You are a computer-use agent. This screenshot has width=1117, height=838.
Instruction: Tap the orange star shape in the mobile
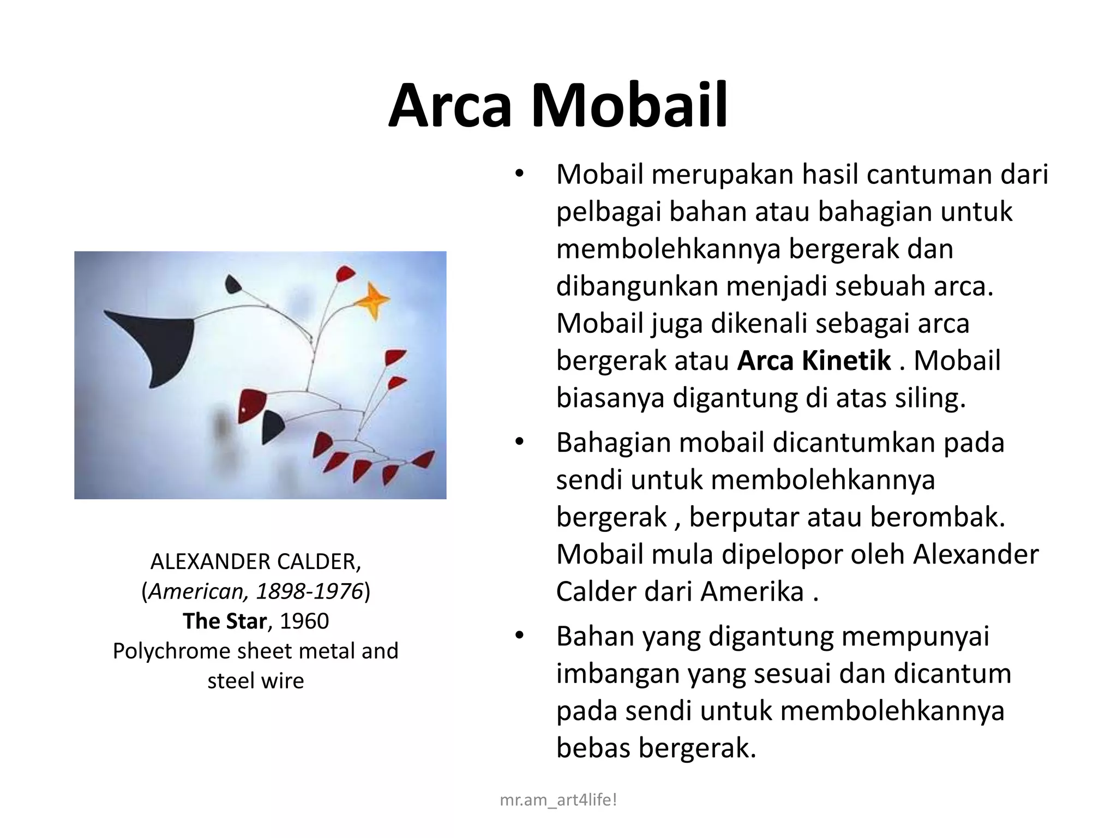tap(373, 300)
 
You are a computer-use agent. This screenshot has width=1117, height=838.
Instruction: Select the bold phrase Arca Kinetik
tap(814, 361)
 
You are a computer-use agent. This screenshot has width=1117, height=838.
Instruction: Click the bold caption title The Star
tap(225, 621)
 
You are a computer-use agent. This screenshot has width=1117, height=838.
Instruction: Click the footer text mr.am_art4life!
tap(558, 800)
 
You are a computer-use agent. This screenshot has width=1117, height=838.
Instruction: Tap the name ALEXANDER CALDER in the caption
tap(255, 561)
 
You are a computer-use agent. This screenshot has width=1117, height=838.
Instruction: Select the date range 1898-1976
tap(309, 591)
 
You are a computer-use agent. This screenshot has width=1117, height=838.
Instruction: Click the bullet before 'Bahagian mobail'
tap(519, 442)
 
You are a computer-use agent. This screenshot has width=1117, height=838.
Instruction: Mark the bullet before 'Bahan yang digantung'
tap(519, 636)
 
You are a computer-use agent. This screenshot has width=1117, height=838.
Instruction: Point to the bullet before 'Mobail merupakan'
tap(519, 174)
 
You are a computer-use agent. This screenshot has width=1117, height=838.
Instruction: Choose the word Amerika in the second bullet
tap(752, 591)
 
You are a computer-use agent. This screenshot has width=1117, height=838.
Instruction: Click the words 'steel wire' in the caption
tap(255, 681)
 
